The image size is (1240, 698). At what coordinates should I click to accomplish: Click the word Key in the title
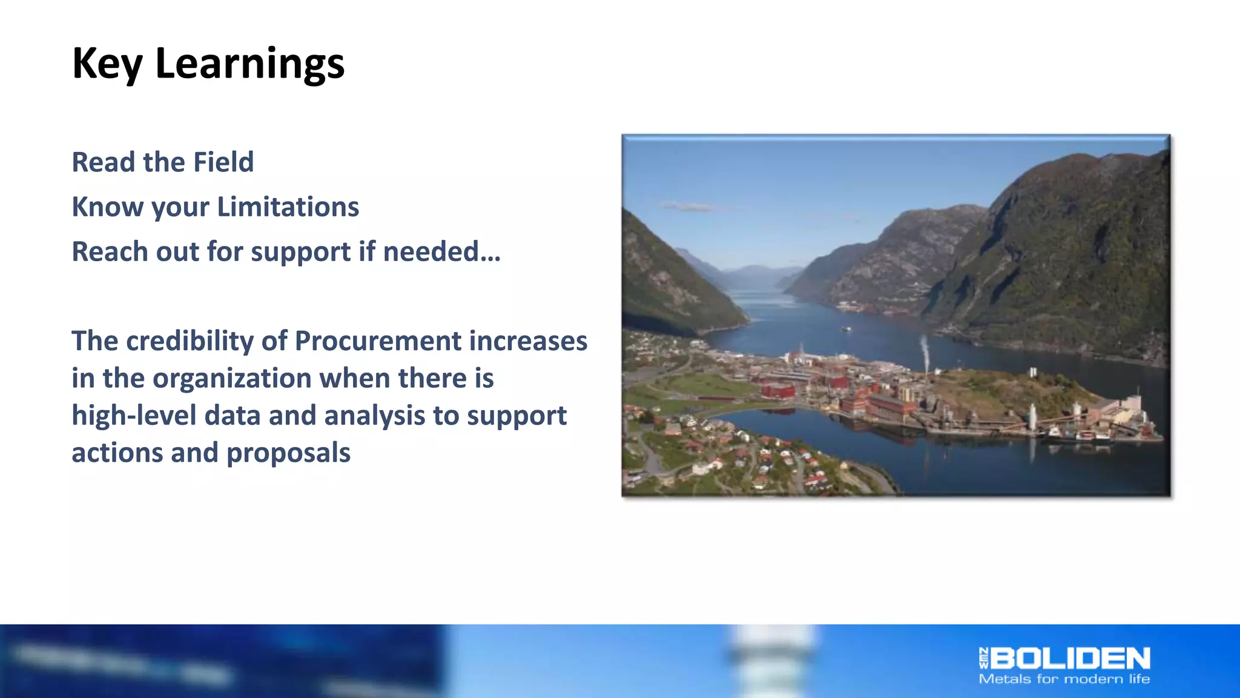(x=107, y=63)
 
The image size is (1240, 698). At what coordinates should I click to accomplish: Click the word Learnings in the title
(x=249, y=63)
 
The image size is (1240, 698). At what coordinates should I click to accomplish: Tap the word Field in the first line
(x=223, y=162)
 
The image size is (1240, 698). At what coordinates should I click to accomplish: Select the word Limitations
(x=288, y=207)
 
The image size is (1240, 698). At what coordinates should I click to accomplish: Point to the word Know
(x=107, y=207)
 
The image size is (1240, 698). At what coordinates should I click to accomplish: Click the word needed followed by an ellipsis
(x=441, y=251)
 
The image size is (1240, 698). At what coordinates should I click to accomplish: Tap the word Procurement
(x=377, y=341)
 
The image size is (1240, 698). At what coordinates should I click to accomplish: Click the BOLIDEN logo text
(x=1070, y=659)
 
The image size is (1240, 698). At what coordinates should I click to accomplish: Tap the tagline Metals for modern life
(x=1064, y=679)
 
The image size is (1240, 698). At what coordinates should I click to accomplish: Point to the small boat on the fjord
(x=846, y=329)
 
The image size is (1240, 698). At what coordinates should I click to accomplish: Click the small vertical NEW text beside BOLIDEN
(x=983, y=659)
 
